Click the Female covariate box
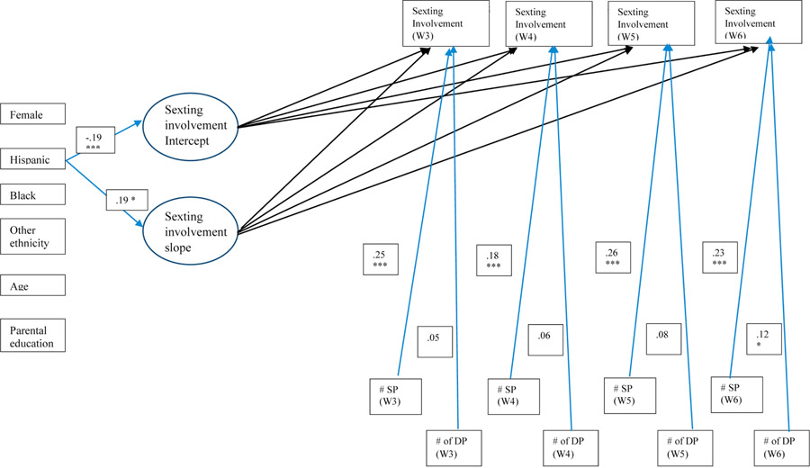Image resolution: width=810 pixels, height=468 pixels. pyautogui.click(x=33, y=114)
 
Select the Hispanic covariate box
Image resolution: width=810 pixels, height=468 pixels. pyautogui.click(x=33, y=158)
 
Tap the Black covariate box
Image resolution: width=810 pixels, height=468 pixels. pyautogui.click(x=33, y=195)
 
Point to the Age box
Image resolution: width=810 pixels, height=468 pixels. pyautogui.click(x=33, y=285)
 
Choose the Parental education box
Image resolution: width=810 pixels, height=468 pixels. pyautogui.click(x=33, y=335)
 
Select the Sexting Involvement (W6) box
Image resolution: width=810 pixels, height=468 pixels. pyautogui.click(x=760, y=23)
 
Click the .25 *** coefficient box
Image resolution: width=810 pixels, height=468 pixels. pyautogui.click(x=379, y=259)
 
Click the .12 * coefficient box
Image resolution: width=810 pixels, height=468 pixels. pyautogui.click(x=765, y=339)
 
